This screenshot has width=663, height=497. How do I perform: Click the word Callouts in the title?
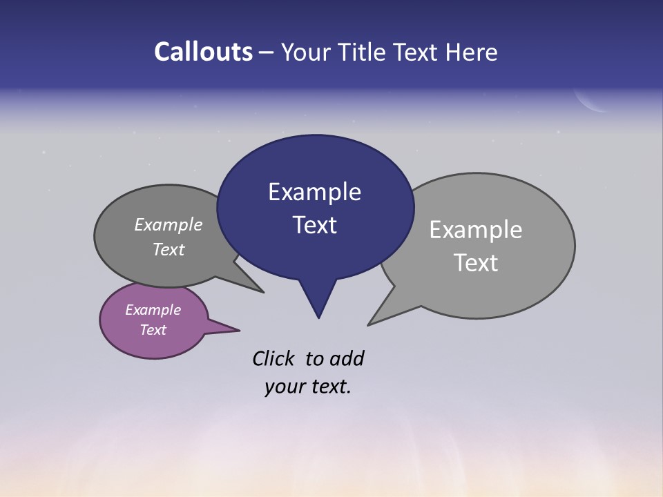[x=203, y=52]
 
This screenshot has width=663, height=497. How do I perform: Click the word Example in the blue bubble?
[x=314, y=192]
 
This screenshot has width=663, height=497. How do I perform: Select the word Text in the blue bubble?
[x=314, y=225]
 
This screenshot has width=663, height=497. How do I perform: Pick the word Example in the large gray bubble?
[x=476, y=230]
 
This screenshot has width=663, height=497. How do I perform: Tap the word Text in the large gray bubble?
[x=476, y=263]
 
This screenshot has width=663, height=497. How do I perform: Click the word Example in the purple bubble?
[x=153, y=310]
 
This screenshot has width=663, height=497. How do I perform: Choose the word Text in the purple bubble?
[x=153, y=330]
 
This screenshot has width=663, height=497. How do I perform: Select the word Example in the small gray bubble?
[x=169, y=225]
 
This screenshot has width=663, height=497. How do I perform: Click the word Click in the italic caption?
[x=273, y=358]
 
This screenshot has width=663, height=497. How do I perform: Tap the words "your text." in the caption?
[x=308, y=387]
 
